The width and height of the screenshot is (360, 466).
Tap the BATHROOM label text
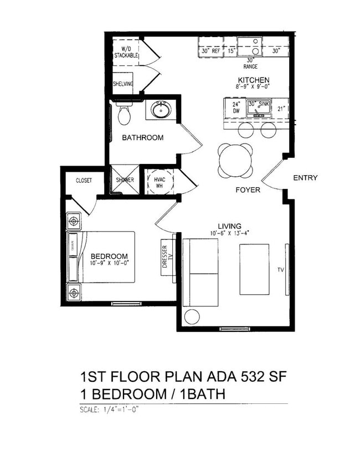coord(143,137)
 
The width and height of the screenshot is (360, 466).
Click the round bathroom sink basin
coord(160,110)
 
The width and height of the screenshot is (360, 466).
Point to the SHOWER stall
coord(125,180)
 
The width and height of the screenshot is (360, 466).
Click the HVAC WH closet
coord(160,181)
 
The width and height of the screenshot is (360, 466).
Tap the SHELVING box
coord(123,84)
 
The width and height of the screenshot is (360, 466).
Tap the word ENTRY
coord(305,178)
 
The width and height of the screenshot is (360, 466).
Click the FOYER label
coord(248,190)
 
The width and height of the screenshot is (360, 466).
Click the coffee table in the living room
coord(254,269)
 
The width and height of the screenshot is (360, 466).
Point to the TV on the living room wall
coord(286,269)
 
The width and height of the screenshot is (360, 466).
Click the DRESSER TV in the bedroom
coord(164,257)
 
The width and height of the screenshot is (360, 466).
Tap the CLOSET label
coord(84,180)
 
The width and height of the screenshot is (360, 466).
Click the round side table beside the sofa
coord(192,316)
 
